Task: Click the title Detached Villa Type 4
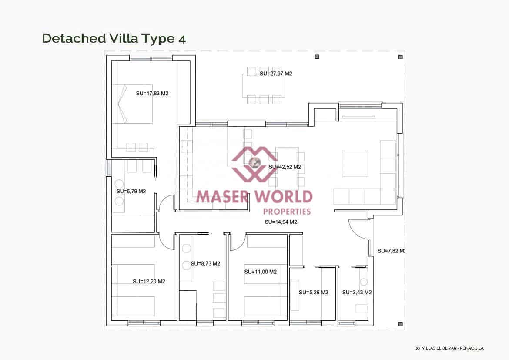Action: point(114,38)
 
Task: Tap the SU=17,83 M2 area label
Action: point(152,93)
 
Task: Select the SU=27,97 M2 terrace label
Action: point(276,74)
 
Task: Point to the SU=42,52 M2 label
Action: point(285,167)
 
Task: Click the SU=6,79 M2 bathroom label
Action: point(131,191)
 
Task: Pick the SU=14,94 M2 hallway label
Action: point(281,222)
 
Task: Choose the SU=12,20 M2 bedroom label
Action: point(149,281)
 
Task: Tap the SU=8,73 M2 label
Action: point(205,264)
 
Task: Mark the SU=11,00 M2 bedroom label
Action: point(260,272)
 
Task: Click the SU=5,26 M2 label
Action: point(313,293)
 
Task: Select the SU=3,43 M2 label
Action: point(357,293)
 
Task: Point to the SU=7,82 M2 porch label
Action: point(391,251)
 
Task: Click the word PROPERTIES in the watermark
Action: point(288,212)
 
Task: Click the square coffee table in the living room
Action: point(355,164)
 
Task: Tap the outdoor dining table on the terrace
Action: point(264,85)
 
